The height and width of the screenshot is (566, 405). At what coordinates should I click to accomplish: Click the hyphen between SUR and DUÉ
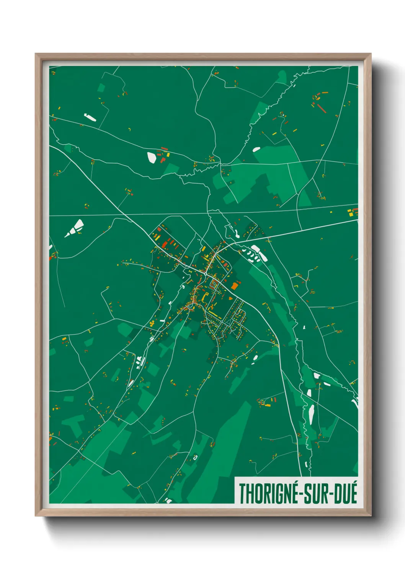tap(331, 494)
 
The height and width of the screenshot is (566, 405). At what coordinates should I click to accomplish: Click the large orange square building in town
tap(234, 286)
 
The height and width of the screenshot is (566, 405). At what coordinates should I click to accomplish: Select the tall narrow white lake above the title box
tap(311, 415)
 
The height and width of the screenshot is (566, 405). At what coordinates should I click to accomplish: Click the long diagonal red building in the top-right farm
tap(322, 109)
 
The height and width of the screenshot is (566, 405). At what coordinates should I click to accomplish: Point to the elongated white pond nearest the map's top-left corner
tap(90, 117)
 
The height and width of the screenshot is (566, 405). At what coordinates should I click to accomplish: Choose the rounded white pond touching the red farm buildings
tap(152, 157)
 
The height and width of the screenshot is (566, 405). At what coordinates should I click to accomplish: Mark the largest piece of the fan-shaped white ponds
tap(78, 225)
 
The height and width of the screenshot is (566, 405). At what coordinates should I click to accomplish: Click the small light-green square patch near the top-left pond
tap(101, 88)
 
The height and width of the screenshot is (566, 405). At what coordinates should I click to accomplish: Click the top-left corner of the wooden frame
tap(36, 54)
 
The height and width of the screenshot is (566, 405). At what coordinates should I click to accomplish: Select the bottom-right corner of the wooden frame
tap(370, 515)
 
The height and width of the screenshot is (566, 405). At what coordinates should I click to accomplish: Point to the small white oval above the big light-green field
tap(256, 149)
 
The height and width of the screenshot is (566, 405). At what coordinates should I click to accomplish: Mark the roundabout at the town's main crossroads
tap(206, 273)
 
